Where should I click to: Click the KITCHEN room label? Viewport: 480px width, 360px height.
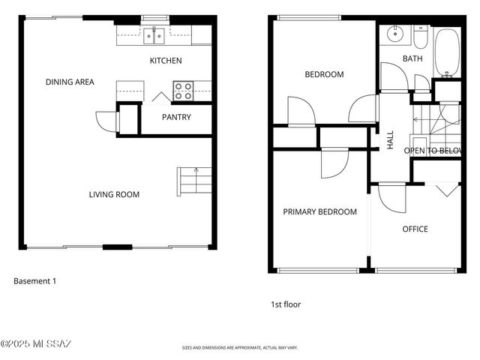click(166, 61)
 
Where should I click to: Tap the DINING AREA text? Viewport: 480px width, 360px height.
click(70, 82)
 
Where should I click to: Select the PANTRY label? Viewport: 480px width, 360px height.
click(176, 117)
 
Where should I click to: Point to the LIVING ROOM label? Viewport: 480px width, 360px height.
click(114, 195)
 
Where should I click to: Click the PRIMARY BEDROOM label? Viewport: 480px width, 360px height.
click(319, 212)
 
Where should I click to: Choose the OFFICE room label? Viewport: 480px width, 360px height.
click(415, 229)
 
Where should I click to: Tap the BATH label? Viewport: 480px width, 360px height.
click(412, 58)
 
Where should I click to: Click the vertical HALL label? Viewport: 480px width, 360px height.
click(390, 140)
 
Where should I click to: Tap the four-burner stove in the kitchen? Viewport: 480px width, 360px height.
click(183, 91)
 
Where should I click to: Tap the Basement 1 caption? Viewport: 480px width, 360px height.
click(34, 281)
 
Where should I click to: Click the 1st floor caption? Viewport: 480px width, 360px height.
click(286, 304)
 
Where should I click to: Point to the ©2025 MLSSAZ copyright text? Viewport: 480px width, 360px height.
click(36, 344)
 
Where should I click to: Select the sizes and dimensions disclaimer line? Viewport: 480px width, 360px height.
click(240, 348)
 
